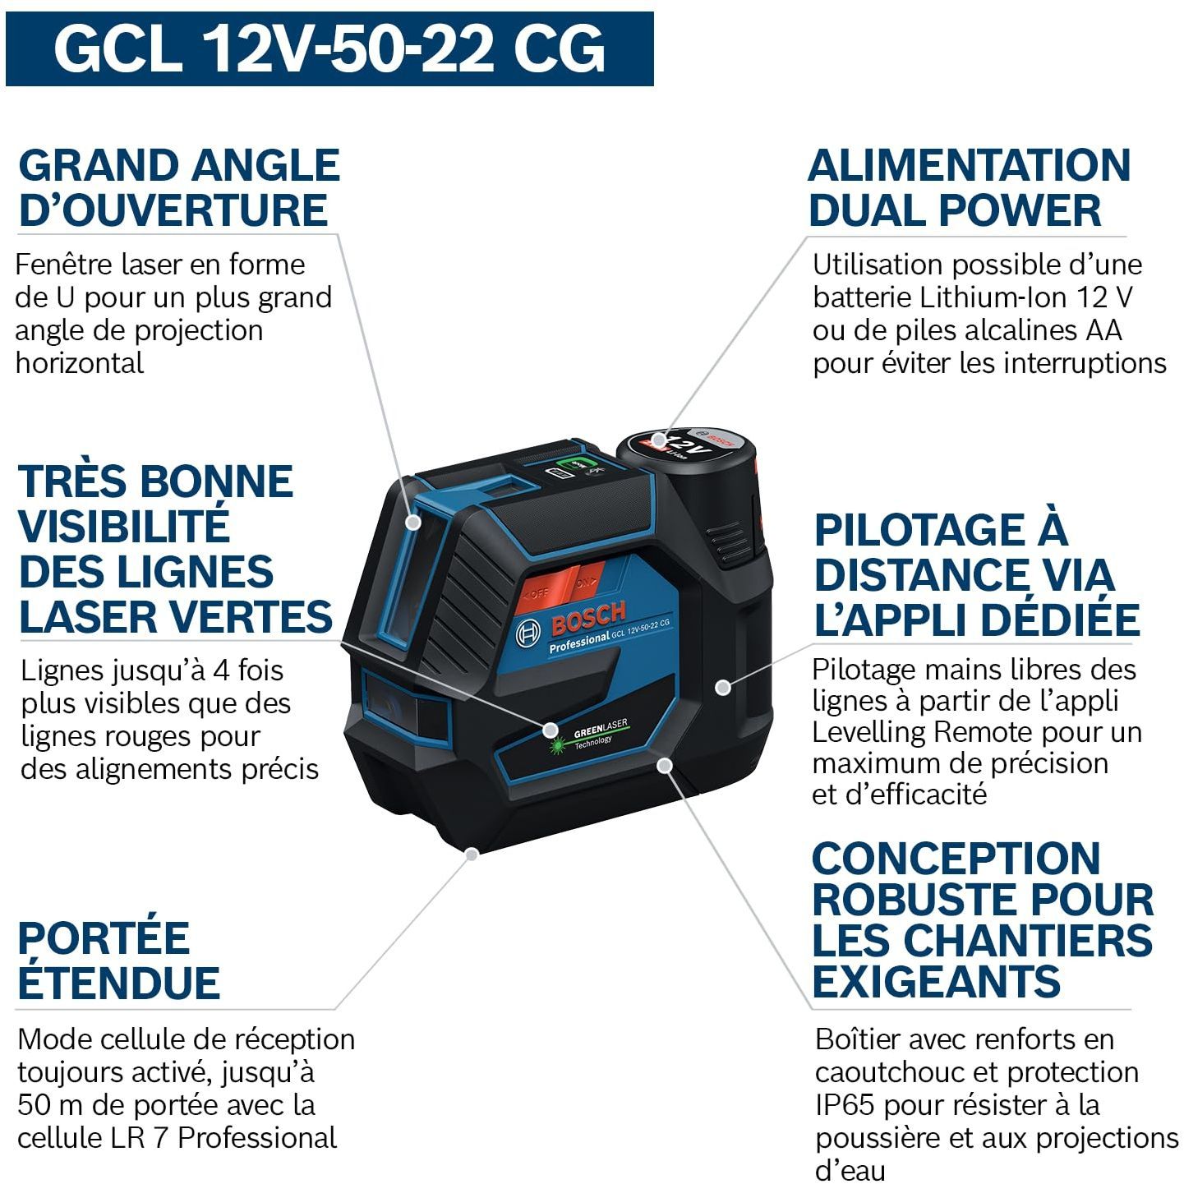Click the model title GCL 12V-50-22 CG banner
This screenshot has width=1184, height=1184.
coord(329,49)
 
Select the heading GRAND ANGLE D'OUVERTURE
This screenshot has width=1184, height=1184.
coord(179,187)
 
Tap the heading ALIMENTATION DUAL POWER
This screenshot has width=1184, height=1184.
coord(969,187)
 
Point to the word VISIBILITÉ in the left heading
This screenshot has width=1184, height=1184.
coord(124,527)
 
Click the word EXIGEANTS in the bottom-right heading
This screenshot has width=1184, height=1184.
coord(937,982)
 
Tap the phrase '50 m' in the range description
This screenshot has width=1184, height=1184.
coord(50,1105)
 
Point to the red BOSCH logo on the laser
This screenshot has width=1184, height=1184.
coord(588,618)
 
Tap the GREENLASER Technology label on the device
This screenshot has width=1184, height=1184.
coord(590,735)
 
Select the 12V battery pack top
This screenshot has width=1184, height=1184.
coord(686,449)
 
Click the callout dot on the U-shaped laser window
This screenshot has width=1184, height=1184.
coord(414,523)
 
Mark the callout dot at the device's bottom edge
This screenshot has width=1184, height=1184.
coord(472,854)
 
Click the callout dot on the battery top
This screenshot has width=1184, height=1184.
coord(659,439)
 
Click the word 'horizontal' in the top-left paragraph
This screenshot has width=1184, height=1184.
coord(79,363)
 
